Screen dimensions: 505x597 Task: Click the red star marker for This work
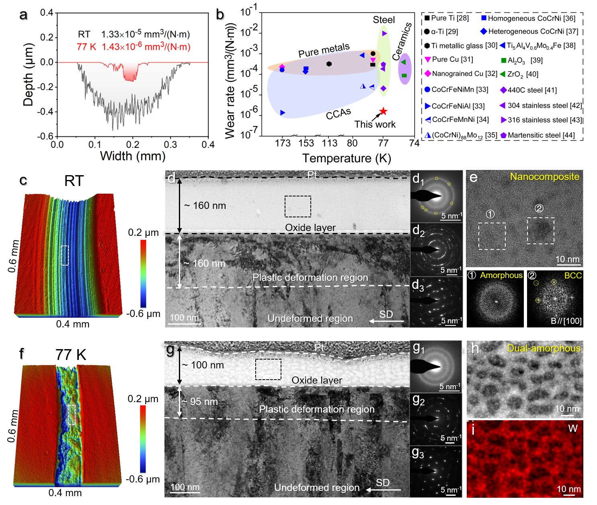[x=383, y=111]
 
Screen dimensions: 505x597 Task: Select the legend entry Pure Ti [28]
[x=447, y=18]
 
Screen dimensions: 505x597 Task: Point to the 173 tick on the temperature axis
[x=283, y=143]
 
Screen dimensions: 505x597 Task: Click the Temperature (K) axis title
[x=347, y=158]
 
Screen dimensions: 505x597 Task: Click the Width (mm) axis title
[x=133, y=156]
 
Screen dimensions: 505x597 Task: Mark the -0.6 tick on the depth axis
[x=45, y=136]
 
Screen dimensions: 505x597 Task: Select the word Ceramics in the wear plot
[x=402, y=41]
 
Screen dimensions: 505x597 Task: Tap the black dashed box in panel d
[x=298, y=206]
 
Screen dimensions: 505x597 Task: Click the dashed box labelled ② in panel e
[x=540, y=231]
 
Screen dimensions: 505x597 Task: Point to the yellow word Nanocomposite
[x=544, y=177]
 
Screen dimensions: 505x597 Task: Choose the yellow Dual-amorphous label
[x=544, y=348]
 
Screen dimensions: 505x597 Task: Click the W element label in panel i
[x=573, y=429]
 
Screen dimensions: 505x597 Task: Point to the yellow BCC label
[x=573, y=276]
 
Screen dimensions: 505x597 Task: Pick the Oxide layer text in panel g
[x=317, y=380]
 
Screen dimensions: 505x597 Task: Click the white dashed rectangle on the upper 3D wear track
[x=65, y=256]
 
